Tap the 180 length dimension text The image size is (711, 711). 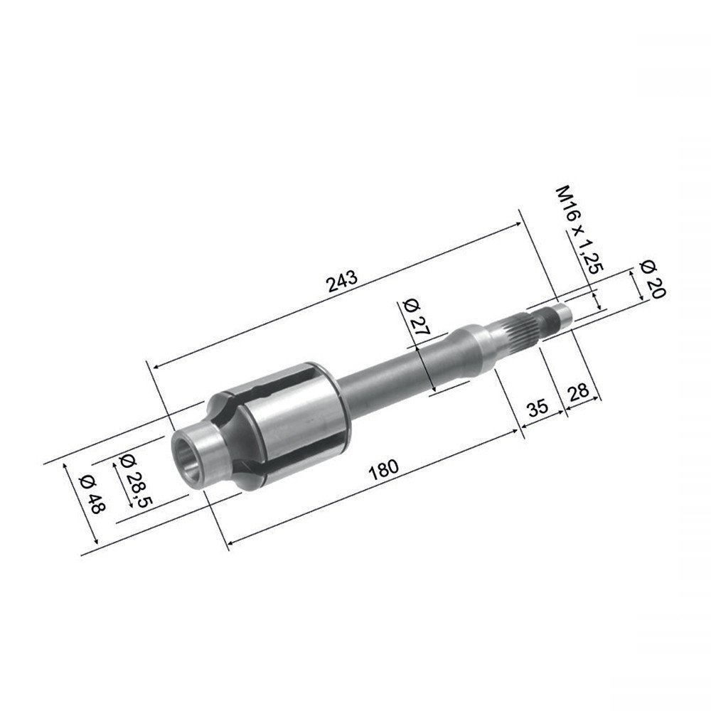[x=384, y=469]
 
